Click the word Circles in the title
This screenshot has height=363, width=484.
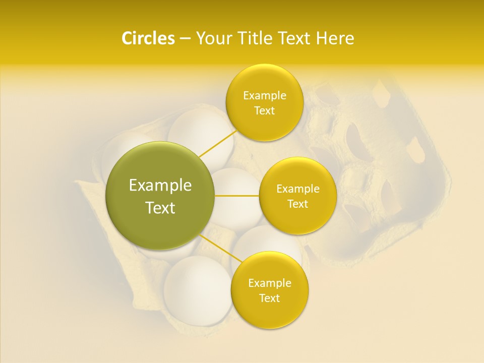tap(148, 38)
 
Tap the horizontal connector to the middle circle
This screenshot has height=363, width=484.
tap(237, 196)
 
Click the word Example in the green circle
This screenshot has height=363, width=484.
tap(160, 186)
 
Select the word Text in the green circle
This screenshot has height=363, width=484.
tap(160, 208)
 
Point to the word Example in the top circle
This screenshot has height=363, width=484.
tap(264, 96)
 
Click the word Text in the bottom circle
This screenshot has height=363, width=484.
tap(270, 298)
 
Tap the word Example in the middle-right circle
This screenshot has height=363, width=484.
tap(298, 189)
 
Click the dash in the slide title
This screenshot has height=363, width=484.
tap(185, 39)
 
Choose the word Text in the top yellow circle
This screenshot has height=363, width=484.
tap(264, 110)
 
